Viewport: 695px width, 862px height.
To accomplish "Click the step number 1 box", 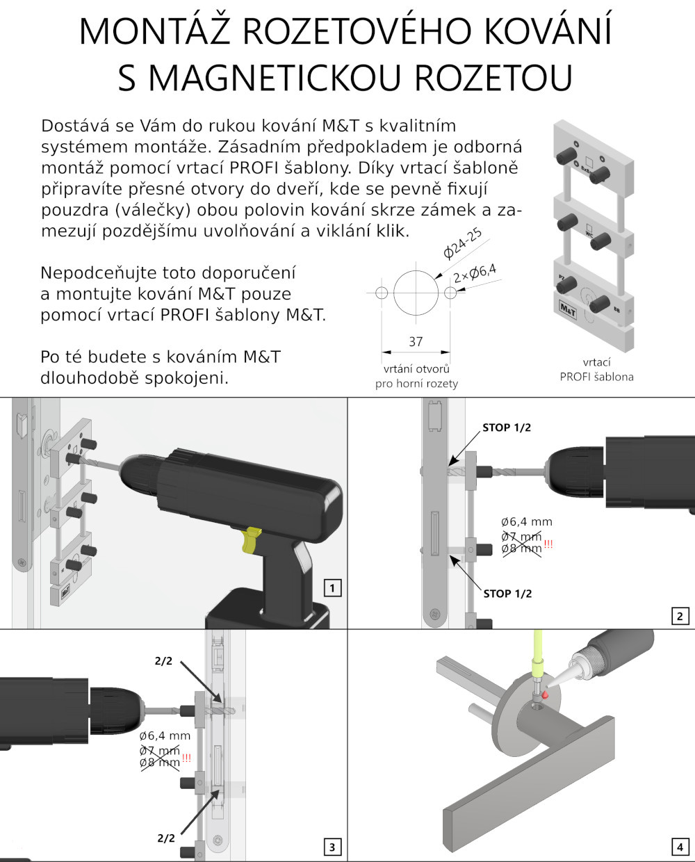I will coord(333,589).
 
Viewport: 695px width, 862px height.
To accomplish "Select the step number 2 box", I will coord(680,616).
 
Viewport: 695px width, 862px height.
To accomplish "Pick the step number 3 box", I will coord(332,847).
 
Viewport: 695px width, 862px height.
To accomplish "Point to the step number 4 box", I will coord(679,847).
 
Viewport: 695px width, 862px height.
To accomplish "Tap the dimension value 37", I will coord(416,342).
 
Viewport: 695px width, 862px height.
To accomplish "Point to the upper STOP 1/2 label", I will coord(507,428).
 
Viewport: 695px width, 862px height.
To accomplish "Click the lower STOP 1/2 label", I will coord(507,594).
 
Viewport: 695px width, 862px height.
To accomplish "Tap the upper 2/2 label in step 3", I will coord(163,661).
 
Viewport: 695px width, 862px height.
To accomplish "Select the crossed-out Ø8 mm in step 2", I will coord(521,549).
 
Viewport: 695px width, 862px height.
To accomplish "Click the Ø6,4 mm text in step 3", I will coord(165,735).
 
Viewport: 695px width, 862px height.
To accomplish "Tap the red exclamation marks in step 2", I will coord(548,544).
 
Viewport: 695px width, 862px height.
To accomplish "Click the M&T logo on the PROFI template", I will coord(567,307).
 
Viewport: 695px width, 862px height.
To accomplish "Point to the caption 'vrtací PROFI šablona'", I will coord(597,370).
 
